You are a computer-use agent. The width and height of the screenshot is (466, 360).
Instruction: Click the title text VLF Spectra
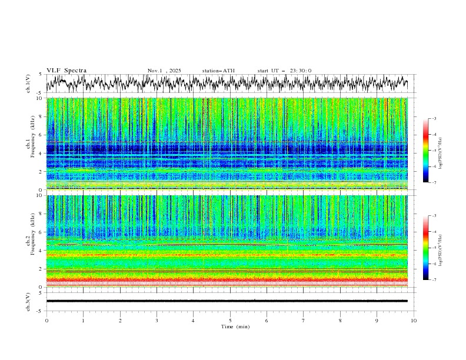pos(66,71)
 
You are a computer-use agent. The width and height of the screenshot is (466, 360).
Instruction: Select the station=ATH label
pos(218,71)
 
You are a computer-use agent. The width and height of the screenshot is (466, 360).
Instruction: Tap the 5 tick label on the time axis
pos(230,321)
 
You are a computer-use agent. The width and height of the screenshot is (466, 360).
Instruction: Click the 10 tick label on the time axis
pos(414,321)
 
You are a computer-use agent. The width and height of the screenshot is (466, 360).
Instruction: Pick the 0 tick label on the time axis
pos(46,321)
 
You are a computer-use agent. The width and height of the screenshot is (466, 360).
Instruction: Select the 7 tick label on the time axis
pos(304,321)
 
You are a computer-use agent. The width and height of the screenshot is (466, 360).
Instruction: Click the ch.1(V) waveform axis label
pos(28,84)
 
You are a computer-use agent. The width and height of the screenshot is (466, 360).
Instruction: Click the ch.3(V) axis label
pos(28,301)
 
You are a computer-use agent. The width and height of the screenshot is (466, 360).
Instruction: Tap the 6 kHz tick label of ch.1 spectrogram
pos(41,135)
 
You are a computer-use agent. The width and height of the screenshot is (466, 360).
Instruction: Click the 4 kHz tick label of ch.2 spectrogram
pos(41,251)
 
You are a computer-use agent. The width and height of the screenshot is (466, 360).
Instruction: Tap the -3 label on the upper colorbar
pos(434,119)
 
